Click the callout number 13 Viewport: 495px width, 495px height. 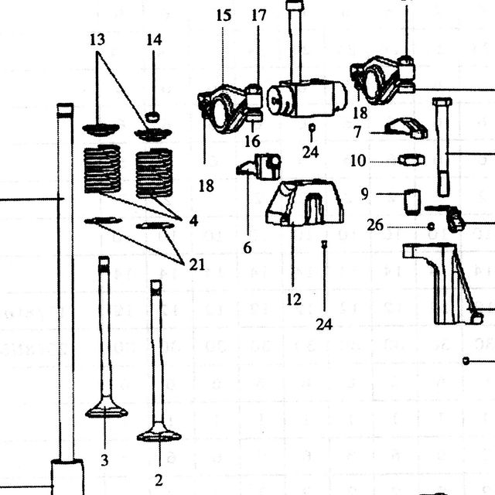pos(97,40)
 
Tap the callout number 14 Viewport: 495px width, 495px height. pos(155,40)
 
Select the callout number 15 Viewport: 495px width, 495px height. pos(224,15)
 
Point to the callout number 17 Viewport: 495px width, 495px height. pos(259,15)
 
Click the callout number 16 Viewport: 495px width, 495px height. pos(253,141)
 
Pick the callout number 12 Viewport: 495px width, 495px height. pos(294,299)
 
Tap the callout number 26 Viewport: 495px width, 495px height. pos(375,225)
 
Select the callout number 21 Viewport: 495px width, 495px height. pos(197,265)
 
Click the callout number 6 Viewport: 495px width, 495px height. pos(247,247)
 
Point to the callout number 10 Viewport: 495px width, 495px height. pos(358,161)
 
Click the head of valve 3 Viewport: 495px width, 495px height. pos(107,410)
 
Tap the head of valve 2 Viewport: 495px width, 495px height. pos(159,434)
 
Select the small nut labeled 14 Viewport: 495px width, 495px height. pos(152,117)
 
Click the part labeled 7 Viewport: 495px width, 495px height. pos(406,128)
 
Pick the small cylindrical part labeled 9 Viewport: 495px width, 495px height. pos(412,203)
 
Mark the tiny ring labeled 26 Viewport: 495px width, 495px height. pos(431,227)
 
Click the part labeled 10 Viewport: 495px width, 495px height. pos(411,160)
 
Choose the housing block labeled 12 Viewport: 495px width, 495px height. pos(305,203)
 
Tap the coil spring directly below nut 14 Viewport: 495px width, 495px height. pos(154,173)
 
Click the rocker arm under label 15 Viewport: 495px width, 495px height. pos(230,109)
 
